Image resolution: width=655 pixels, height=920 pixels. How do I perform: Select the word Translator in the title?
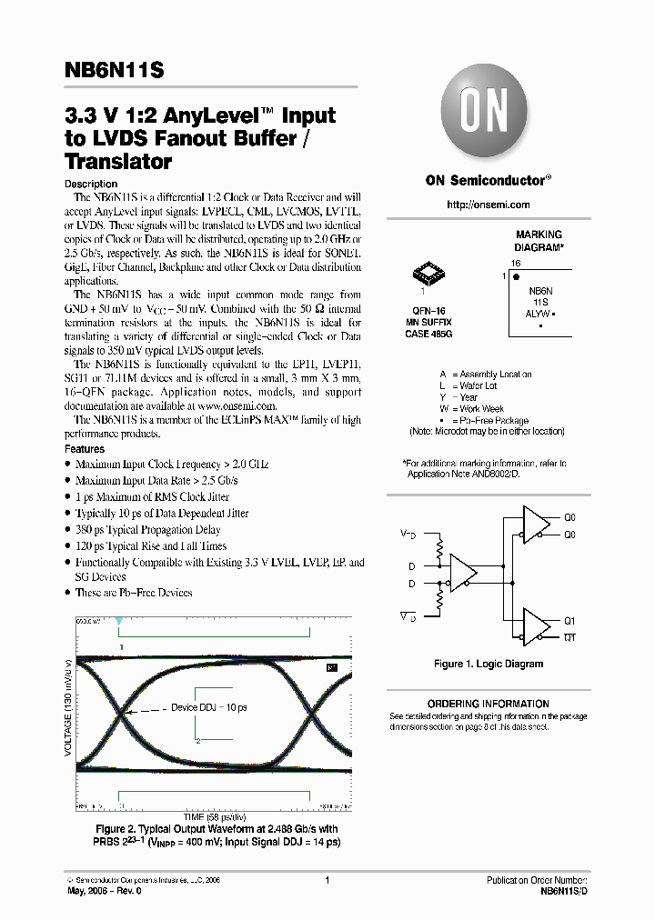(118, 163)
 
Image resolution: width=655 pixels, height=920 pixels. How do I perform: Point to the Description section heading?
(91, 184)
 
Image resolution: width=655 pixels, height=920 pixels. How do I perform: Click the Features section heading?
(85, 449)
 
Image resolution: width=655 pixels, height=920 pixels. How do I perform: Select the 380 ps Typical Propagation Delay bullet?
(147, 530)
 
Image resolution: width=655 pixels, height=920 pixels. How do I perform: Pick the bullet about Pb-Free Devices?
(134, 593)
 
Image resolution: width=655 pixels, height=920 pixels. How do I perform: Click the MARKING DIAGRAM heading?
(539, 241)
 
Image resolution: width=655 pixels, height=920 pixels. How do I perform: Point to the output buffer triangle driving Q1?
(537, 627)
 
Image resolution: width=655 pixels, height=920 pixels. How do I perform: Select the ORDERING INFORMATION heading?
(488, 704)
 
